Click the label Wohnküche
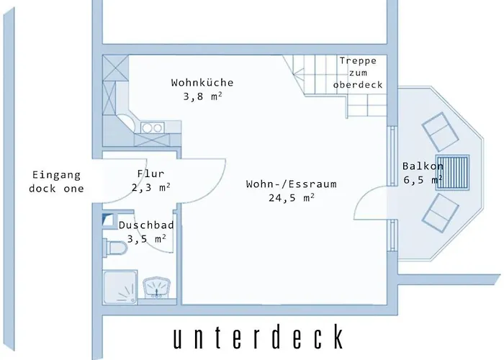coord(202,83)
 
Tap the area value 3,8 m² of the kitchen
coord(202,96)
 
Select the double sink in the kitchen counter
coord(152,127)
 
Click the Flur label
coord(150,174)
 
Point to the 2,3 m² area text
coord(150,187)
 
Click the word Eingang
coord(56,175)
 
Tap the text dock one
coord(56,189)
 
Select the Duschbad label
coord(146,225)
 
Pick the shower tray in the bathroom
coord(121,288)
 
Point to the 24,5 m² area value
coord(291,198)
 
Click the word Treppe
coord(357,60)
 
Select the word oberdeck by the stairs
coord(357,85)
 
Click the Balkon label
coord(423,166)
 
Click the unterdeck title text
coord(258,337)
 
